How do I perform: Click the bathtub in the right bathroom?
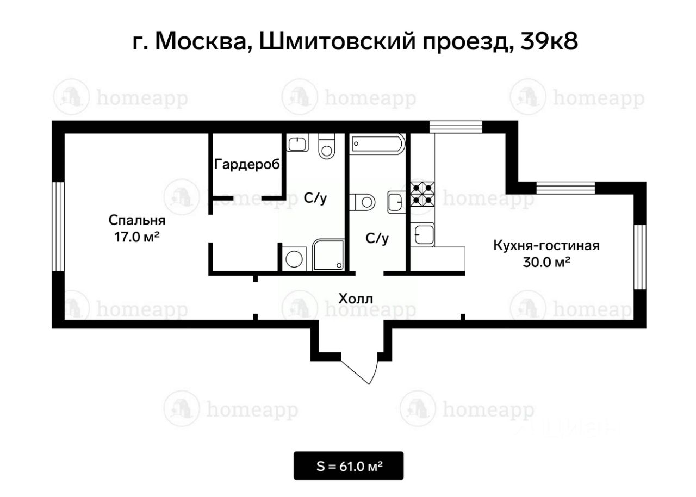[x=377, y=144]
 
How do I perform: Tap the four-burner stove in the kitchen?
[x=422, y=194]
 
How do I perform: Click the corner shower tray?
[x=328, y=254]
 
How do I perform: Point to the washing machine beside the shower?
[x=294, y=259]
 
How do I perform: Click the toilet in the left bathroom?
[x=327, y=146]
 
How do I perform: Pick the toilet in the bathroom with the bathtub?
[x=362, y=202]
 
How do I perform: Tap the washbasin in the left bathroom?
[x=297, y=142]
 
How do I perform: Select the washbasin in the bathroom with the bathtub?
[x=396, y=202]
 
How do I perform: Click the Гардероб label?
[x=247, y=164]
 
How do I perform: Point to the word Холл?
[x=356, y=299]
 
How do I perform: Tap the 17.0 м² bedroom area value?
[x=137, y=237]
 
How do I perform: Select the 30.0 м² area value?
[x=546, y=262]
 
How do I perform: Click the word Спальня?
[x=137, y=220]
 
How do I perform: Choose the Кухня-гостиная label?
[x=546, y=245]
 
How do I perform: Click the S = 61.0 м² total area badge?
[x=349, y=466]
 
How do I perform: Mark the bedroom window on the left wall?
[x=58, y=226]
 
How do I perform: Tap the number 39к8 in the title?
[x=549, y=42]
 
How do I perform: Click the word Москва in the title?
[x=204, y=42]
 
